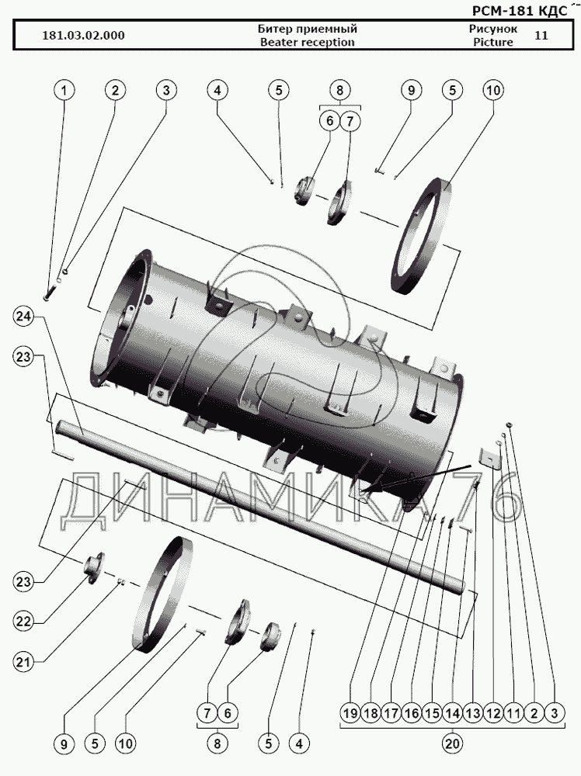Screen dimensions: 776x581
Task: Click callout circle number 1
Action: (x=64, y=91)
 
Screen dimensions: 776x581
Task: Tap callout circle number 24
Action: (x=24, y=316)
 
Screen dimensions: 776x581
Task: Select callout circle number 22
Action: (x=24, y=622)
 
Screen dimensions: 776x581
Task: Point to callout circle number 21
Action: (x=24, y=662)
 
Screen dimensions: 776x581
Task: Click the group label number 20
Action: (x=452, y=743)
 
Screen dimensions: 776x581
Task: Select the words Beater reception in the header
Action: (x=306, y=42)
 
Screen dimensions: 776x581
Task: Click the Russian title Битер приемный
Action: (x=306, y=29)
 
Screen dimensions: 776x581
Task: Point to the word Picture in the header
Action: (x=492, y=42)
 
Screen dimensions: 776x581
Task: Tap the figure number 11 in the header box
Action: (x=541, y=35)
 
